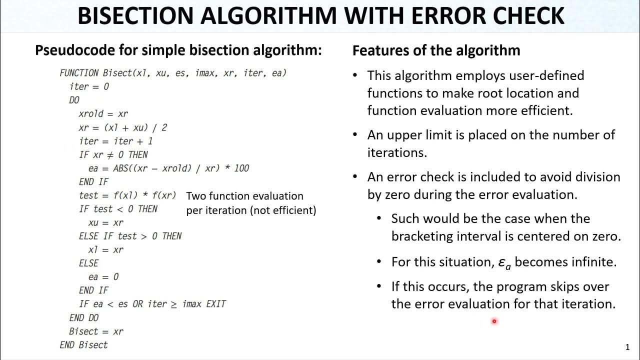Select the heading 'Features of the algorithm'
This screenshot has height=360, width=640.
436,50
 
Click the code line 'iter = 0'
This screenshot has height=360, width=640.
89,86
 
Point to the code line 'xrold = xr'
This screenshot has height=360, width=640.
103,113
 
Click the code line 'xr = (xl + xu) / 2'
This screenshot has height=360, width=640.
122,127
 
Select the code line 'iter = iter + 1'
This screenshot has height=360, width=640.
115,141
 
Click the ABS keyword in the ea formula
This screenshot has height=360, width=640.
121,168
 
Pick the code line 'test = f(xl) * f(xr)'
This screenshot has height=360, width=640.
127,195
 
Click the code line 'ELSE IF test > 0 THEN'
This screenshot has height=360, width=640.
130,236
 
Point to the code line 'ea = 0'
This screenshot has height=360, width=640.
103,277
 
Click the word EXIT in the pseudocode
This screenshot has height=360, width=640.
216,304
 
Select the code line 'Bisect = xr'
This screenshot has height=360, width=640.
96,331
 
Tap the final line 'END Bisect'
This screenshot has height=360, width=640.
83,345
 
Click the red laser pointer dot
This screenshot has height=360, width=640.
494,321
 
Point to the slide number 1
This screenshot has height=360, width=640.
627,347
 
